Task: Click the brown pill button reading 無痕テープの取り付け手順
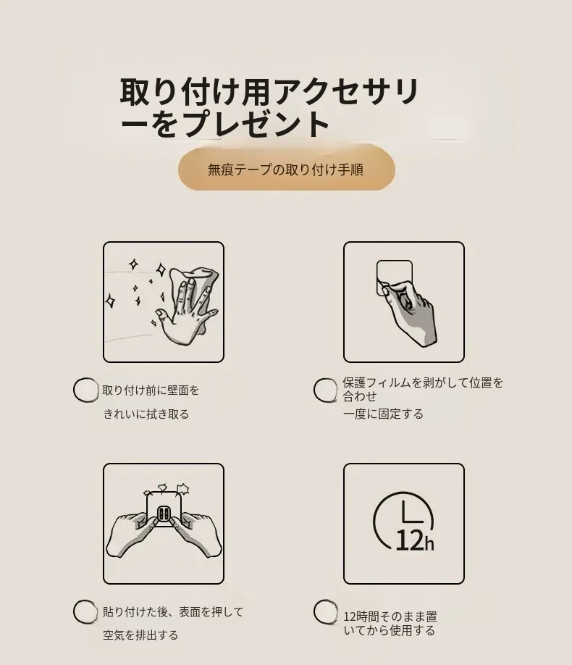[286, 170]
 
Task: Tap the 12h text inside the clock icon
[415, 540]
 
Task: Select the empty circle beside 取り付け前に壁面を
[85, 389]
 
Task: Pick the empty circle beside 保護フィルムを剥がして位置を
[326, 390]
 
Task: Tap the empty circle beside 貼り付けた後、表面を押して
[85, 611]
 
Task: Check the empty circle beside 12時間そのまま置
[326, 611]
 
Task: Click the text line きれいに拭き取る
[146, 414]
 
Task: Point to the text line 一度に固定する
[383, 414]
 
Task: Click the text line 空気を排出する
[140, 635]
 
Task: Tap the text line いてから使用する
[390, 631]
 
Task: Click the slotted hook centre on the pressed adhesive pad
[164, 514]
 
